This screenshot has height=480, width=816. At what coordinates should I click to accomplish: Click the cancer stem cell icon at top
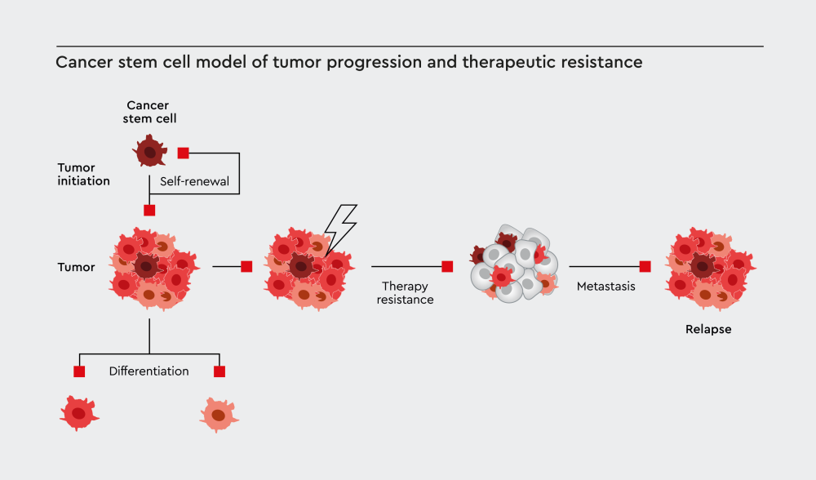149,152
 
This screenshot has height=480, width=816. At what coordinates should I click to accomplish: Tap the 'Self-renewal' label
194,181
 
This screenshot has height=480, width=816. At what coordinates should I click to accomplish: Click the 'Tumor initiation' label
83,174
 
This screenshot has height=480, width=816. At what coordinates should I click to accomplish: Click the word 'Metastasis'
605,287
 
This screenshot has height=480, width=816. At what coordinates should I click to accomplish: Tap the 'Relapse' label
708,330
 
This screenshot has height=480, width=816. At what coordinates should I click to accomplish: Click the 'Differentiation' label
149,371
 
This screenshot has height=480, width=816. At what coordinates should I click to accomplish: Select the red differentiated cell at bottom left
79,414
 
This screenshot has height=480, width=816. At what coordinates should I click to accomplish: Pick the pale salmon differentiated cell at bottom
220,415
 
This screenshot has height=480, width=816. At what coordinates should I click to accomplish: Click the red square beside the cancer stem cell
184,153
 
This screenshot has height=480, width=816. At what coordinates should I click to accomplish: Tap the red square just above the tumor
149,210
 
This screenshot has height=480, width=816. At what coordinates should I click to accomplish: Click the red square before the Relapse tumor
645,266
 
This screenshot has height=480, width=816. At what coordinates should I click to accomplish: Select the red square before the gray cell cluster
447,266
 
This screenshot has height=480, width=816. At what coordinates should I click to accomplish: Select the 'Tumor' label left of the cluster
76,267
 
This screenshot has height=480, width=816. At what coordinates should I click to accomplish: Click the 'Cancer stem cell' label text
152,112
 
